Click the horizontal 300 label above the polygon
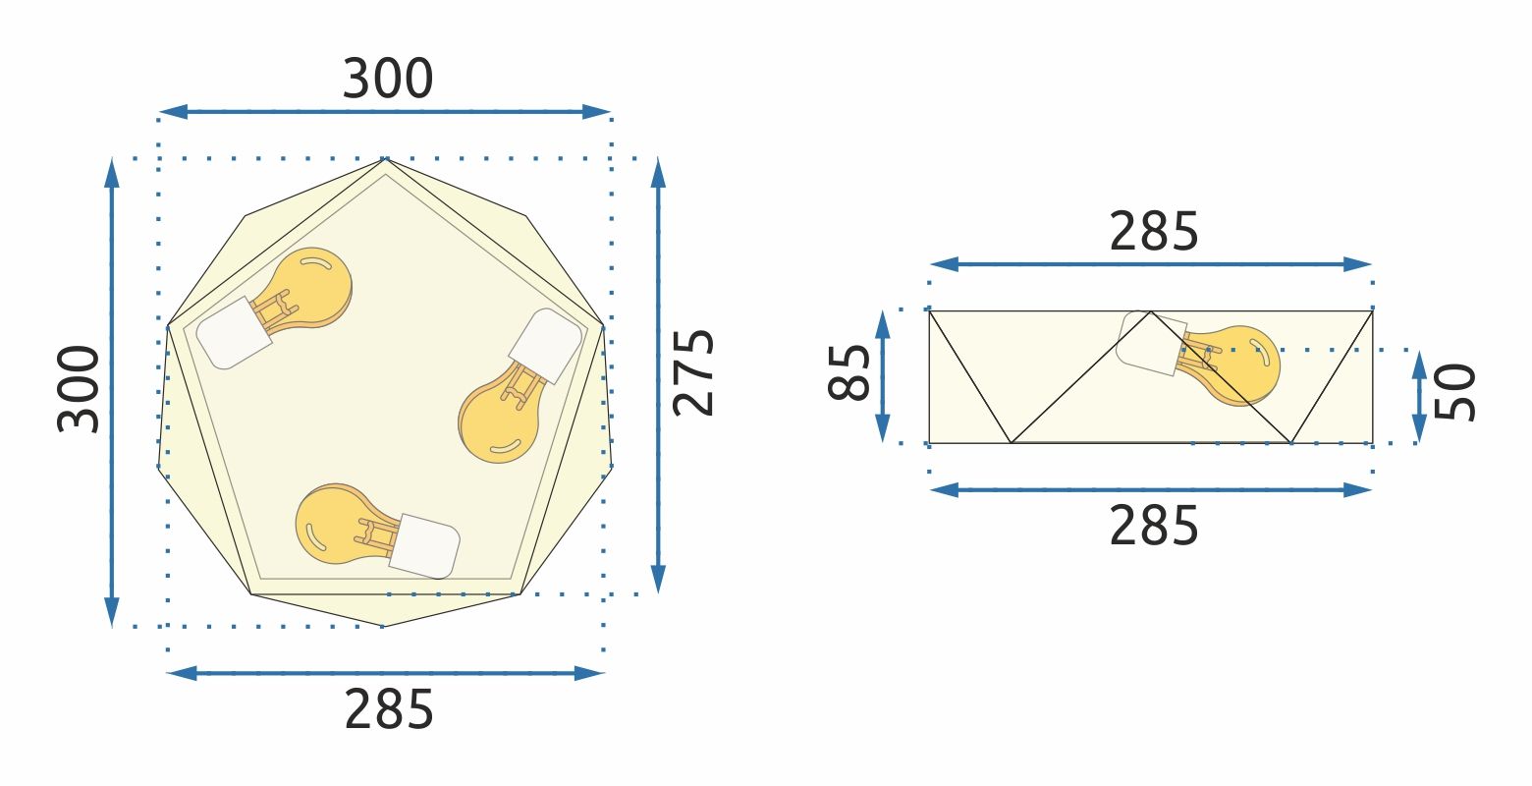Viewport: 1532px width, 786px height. pyautogui.click(x=387, y=80)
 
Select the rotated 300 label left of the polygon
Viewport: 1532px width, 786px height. pyautogui.click(x=80, y=389)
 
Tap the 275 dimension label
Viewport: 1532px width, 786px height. pyautogui.click(x=694, y=372)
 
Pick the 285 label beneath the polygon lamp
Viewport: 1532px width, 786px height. pyautogui.click(x=388, y=710)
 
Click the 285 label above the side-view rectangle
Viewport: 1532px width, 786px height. pyautogui.click(x=1154, y=233)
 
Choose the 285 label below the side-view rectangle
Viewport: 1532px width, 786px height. pyautogui.click(x=1154, y=528)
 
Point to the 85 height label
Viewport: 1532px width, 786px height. pyautogui.click(x=850, y=373)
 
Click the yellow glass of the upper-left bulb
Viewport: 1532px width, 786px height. pyautogui.click(x=308, y=285)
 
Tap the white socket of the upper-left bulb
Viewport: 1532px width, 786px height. pyautogui.click(x=234, y=332)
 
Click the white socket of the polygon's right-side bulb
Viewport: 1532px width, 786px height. pyautogui.click(x=545, y=346)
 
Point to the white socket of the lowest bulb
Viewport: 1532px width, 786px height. pyautogui.click(x=423, y=545)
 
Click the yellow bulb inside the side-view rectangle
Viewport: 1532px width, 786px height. pyautogui.click(x=1239, y=364)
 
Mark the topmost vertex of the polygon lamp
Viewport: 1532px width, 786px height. pyautogui.click(x=385, y=158)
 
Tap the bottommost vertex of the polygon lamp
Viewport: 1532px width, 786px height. pyautogui.click(x=383, y=626)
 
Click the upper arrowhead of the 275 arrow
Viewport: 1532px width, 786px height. pyautogui.click(x=658, y=171)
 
